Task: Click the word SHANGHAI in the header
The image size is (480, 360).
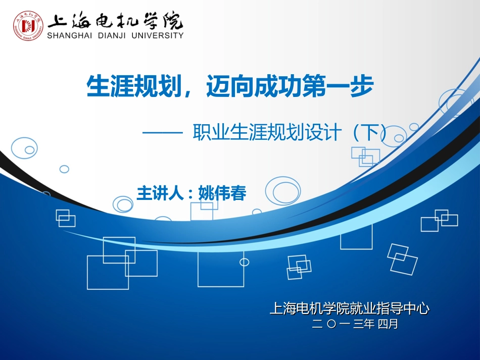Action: coord(69,36)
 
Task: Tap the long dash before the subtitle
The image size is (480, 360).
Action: coord(162,133)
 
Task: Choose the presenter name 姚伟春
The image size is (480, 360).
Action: coord(222,193)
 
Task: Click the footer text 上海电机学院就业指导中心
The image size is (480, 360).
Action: coord(349,308)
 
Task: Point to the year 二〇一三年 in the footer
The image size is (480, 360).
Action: coord(343,324)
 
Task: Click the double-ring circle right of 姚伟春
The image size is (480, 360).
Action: coord(282,190)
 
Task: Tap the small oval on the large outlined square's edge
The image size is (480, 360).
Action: coord(244,262)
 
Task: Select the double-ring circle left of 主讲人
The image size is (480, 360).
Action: coord(123,204)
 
